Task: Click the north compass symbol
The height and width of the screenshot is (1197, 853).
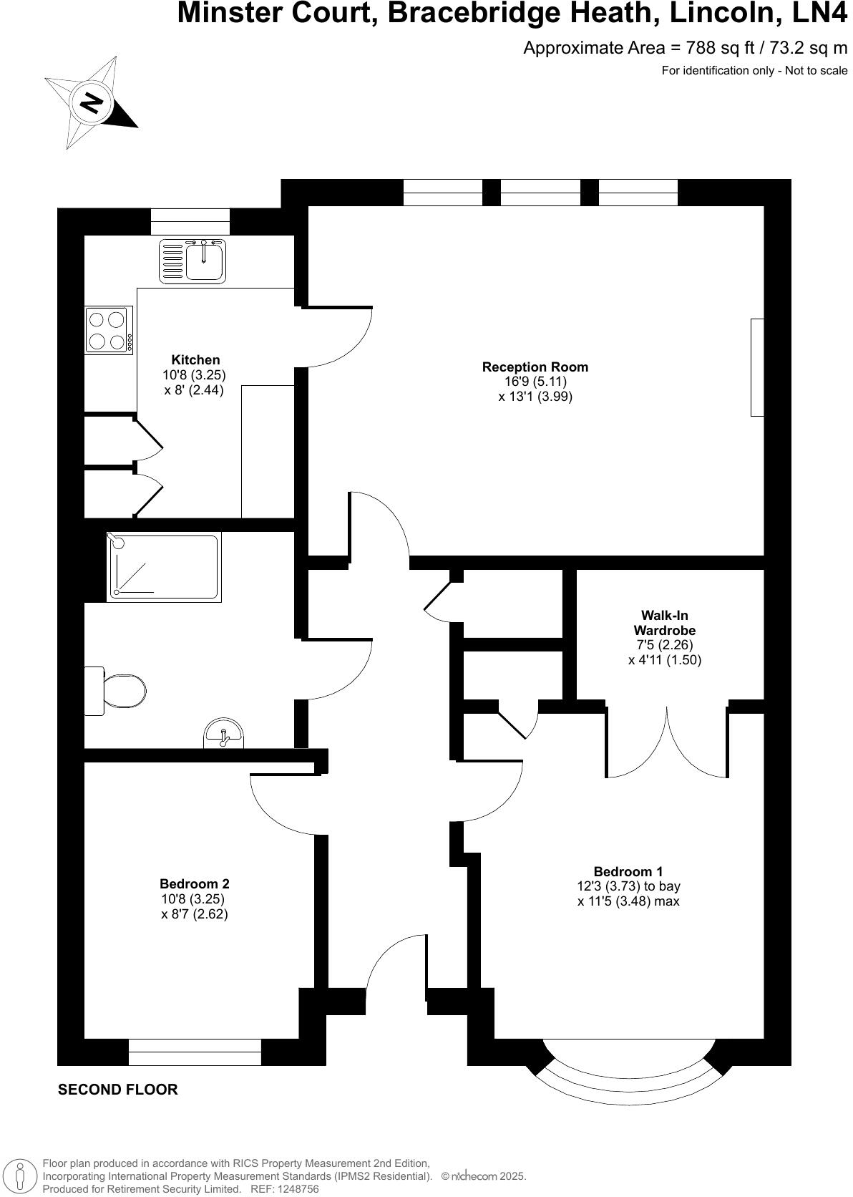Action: [91, 103]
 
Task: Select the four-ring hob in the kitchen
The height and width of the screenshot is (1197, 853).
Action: [109, 329]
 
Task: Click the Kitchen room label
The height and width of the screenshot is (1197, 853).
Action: [195, 359]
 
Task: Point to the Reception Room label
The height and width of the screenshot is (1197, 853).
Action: [535, 367]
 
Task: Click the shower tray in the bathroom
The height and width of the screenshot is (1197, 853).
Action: [162, 566]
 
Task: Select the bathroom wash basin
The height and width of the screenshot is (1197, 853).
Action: [223, 734]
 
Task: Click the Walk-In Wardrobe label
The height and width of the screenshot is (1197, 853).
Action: [664, 622]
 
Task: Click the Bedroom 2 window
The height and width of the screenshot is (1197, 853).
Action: [195, 1052]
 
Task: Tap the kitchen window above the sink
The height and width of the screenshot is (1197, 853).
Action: [190, 221]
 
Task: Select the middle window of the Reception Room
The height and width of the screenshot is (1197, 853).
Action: [540, 192]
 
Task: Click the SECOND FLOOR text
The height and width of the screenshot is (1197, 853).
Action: [117, 1090]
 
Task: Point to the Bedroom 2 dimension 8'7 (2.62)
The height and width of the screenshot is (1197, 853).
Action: [195, 914]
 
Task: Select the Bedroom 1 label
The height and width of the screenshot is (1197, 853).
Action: [628, 871]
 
